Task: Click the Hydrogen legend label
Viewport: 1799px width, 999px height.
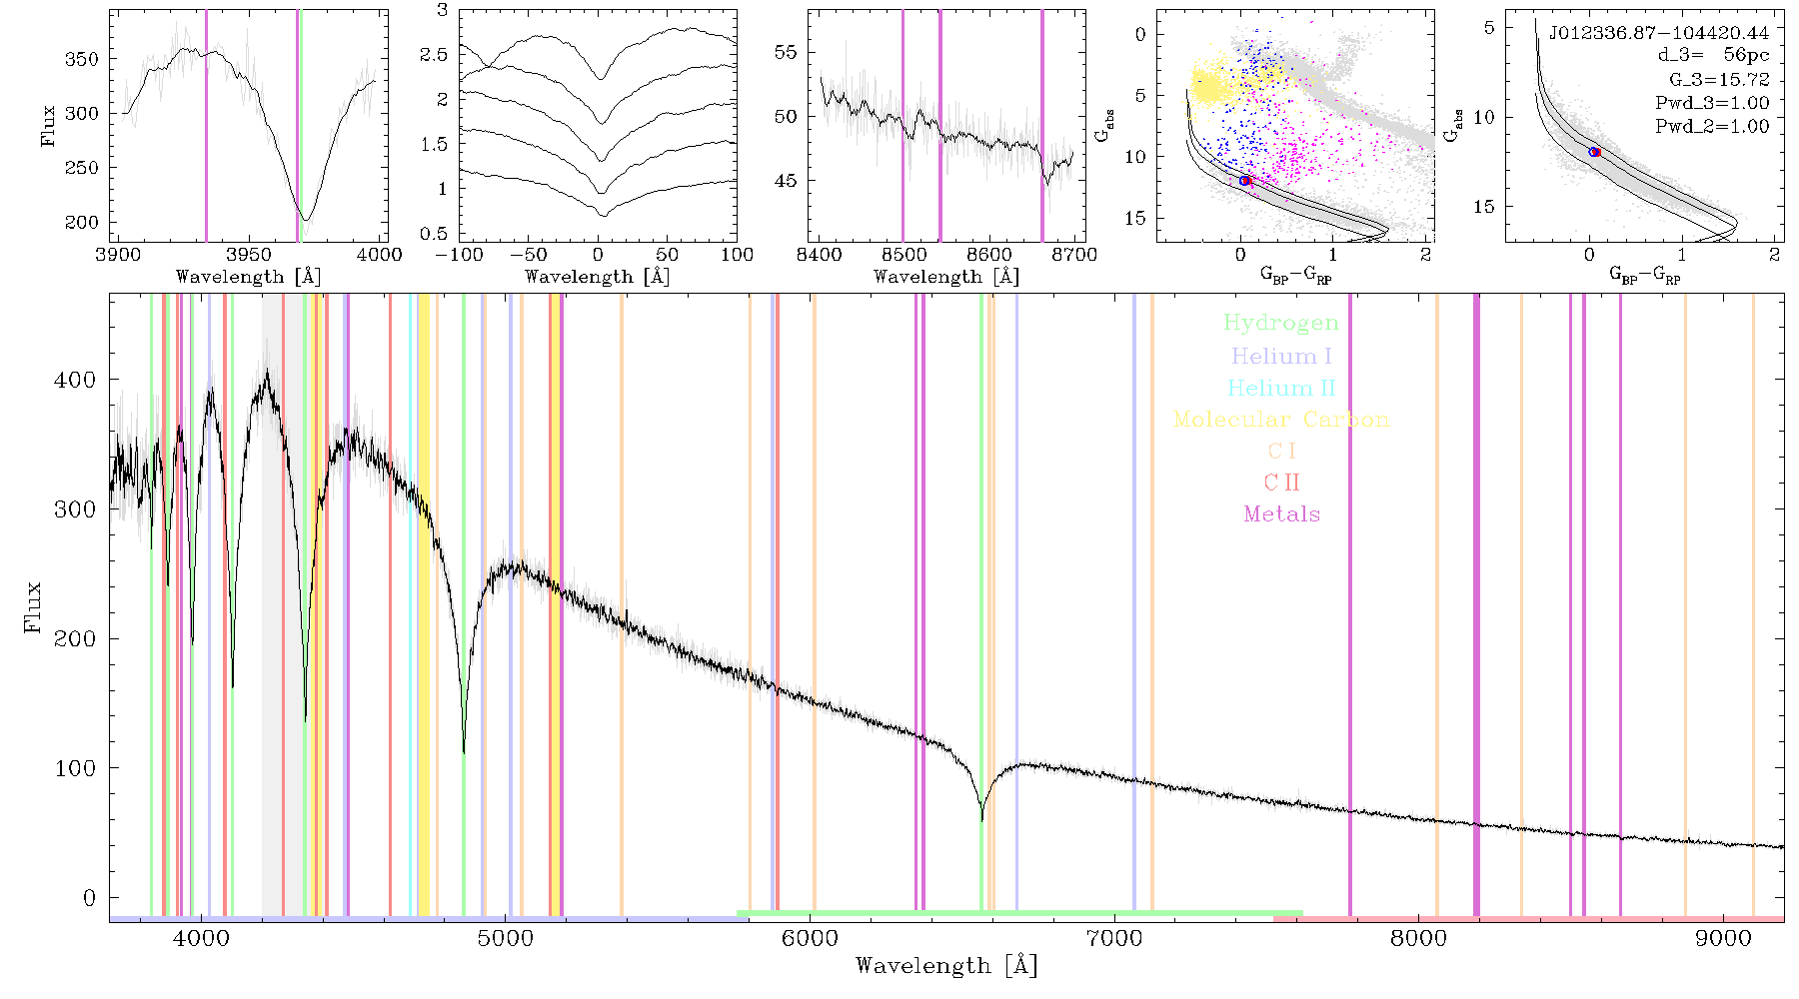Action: click(x=1280, y=324)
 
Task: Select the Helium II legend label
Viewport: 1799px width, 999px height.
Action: click(x=1281, y=388)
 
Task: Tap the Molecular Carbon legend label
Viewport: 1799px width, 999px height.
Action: click(x=1281, y=420)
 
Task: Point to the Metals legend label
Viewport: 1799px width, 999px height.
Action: click(x=1282, y=514)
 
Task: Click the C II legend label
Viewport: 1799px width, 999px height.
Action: click(x=1282, y=483)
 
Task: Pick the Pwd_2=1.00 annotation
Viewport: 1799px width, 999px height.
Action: click(x=1712, y=127)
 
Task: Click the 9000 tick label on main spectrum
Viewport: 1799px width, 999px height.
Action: click(x=1723, y=938)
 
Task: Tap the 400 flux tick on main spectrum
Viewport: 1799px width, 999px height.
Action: click(x=75, y=380)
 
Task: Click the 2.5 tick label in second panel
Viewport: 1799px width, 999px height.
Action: click(x=434, y=55)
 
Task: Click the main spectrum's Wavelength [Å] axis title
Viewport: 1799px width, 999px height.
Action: click(x=946, y=966)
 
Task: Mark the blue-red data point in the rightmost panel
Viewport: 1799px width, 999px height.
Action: click(x=1594, y=152)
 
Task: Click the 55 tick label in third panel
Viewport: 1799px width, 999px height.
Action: click(x=787, y=53)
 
